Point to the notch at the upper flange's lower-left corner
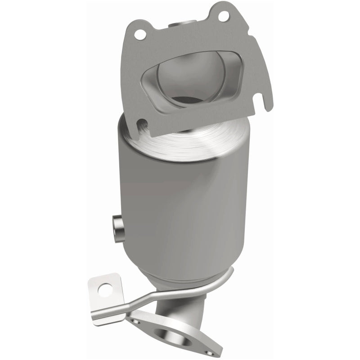coord(141,123)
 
